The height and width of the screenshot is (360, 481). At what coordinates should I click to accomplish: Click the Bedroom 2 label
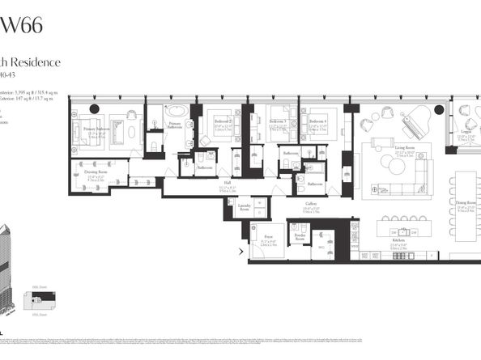coord(223,126)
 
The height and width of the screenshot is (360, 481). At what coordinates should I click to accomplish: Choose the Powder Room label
coord(300,237)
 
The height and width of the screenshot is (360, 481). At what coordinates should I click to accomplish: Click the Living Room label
coord(394,149)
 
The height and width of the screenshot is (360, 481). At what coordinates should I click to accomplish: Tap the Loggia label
coord(466,133)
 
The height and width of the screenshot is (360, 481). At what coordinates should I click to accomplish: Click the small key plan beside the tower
coord(42,300)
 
